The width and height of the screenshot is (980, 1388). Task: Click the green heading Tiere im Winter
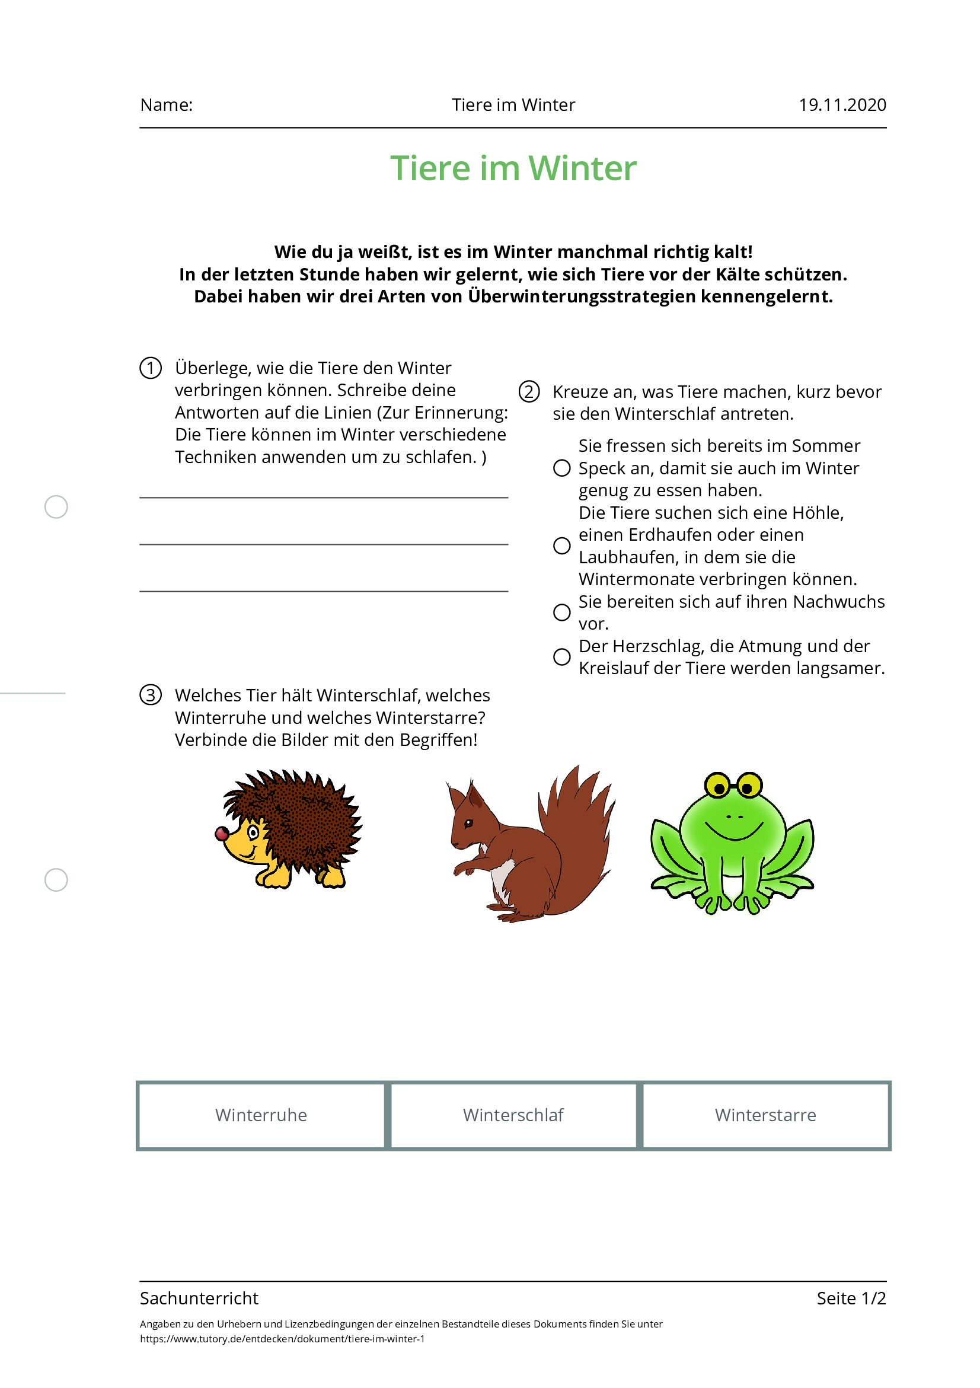click(513, 168)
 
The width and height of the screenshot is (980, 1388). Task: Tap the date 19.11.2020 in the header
click(841, 105)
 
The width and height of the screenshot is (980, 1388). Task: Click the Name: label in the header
click(166, 105)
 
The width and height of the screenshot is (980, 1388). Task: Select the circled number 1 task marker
click(151, 368)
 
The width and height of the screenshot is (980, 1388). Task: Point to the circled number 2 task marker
click(529, 392)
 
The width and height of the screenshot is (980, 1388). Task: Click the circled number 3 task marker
click(151, 695)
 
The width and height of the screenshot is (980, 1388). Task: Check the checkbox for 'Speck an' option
click(561, 468)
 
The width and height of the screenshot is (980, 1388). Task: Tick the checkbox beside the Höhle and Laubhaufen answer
click(561, 545)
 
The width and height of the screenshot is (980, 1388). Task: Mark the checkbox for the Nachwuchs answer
click(561, 612)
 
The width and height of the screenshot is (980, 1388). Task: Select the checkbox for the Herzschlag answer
click(561, 656)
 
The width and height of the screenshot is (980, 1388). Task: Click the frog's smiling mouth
click(734, 832)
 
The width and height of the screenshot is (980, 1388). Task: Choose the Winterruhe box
click(261, 1115)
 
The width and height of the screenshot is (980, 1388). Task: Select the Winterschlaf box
click(513, 1115)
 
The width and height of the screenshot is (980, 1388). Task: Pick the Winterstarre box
click(765, 1115)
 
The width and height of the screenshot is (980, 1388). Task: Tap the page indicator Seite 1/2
click(851, 1298)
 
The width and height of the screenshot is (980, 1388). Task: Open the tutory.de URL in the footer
click(282, 1339)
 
